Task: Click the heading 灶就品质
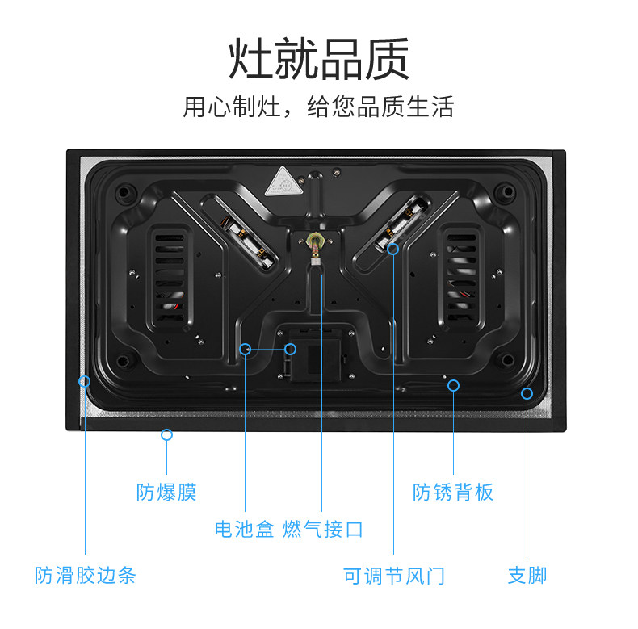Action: coord(319,57)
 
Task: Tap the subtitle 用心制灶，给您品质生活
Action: coord(319,107)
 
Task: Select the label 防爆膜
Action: coord(166,492)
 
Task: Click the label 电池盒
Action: coord(245,530)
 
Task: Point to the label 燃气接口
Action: coord(323,530)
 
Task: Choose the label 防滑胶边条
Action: coord(86,576)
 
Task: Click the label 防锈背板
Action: coord(453,492)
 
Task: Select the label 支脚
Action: coord(527,576)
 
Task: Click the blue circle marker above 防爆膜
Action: coord(166,434)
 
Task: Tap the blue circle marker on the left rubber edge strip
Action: coord(84,381)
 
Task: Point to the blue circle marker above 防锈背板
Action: coord(453,385)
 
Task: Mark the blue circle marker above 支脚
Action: coord(527,393)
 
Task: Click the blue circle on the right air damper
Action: coord(393,249)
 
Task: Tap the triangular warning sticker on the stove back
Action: coord(283,181)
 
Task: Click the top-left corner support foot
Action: coord(124,193)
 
